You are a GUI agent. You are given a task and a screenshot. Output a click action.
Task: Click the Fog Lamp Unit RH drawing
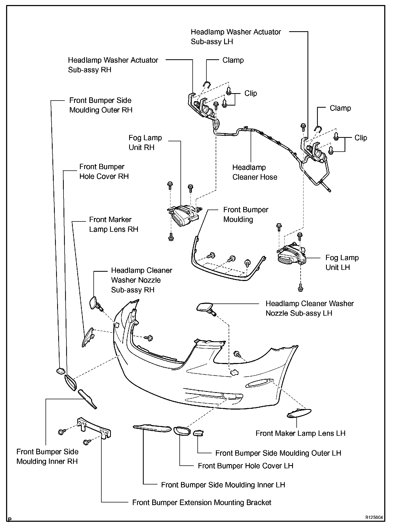[x=183, y=215]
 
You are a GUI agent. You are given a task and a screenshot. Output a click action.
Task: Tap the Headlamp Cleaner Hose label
[x=255, y=172]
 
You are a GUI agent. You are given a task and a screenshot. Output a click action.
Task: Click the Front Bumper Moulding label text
[x=245, y=215]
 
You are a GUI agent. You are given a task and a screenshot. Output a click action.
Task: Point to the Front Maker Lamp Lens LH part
[x=299, y=413]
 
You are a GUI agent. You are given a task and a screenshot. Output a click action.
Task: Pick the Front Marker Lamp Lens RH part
[x=88, y=337]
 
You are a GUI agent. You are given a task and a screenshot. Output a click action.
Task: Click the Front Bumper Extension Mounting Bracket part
[x=94, y=429]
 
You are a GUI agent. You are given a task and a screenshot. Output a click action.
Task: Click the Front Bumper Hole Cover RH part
[x=70, y=383]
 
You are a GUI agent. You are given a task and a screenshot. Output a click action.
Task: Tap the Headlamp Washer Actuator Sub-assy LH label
[x=236, y=37]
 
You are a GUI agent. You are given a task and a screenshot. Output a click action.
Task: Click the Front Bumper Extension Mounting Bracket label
[x=202, y=502]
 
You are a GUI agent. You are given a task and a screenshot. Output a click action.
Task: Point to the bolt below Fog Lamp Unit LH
[x=300, y=287]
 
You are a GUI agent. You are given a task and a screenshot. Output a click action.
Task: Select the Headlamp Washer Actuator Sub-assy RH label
[x=113, y=65]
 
